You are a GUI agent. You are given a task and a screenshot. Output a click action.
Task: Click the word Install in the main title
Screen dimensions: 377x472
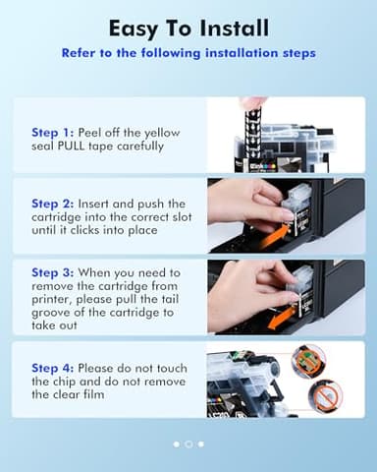pyautogui.click(x=234, y=29)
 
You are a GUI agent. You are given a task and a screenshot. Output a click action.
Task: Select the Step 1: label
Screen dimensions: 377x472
pyautogui.click(x=53, y=133)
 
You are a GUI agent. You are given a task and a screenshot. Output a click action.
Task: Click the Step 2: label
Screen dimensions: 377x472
pyautogui.click(x=53, y=204)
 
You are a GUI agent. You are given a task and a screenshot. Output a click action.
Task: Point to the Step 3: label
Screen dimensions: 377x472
pyautogui.click(x=53, y=272)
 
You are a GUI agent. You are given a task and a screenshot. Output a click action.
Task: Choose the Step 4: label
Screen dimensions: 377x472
pyautogui.click(x=53, y=368)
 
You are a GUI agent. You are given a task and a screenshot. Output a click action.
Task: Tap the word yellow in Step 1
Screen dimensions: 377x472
pyautogui.click(x=162, y=133)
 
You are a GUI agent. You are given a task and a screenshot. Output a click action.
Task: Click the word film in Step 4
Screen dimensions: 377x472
pyautogui.click(x=93, y=394)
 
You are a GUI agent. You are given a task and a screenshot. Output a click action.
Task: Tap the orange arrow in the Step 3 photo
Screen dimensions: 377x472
pyautogui.click(x=281, y=318)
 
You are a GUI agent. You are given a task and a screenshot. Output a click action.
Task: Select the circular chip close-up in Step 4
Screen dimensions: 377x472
pyautogui.click(x=308, y=358)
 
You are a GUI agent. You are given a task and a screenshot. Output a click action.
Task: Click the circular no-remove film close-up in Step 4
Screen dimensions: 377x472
pyautogui.click(x=326, y=395)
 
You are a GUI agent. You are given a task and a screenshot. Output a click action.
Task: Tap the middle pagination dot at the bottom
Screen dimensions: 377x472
pyautogui.click(x=188, y=444)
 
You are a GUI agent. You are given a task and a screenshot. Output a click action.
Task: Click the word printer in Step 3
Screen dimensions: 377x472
pyautogui.click(x=50, y=300)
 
